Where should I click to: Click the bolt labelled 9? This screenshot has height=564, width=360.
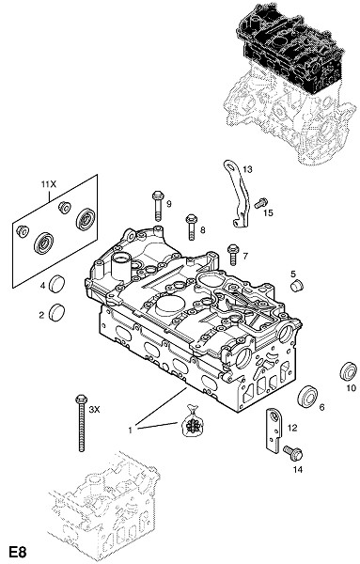coord(158,205)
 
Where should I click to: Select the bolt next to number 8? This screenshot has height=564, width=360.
coord(191,227)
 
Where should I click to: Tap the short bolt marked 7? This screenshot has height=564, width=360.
coord(233,255)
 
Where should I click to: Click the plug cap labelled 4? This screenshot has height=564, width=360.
coord(56,284)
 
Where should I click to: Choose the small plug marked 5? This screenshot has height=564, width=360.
coord(297,286)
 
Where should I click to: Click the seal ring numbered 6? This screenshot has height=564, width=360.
coord(308,397)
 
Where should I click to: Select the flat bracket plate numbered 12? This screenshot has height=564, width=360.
coord(274,431)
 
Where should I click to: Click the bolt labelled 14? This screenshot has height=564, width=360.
coord(292,453)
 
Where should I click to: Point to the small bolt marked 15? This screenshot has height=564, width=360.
coord(261,203)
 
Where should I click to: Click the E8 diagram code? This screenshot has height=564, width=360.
coord(18,552)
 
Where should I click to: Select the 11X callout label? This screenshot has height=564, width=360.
coord(49,184)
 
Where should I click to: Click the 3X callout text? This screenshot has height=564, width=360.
coord(94,409)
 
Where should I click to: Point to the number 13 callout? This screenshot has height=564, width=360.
coord(247,169)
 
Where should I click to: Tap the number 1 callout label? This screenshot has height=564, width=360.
coord(131,430)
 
